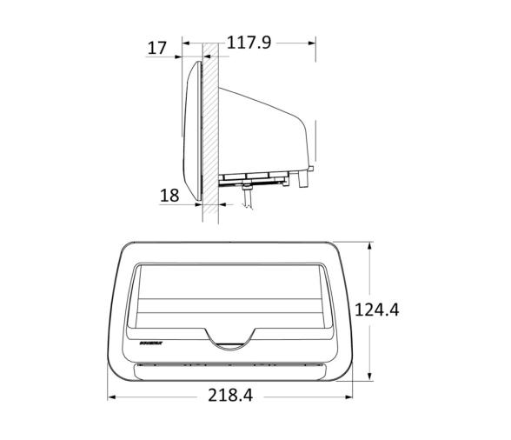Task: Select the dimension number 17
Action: coord(156,48)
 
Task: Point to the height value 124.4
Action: coord(376,309)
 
